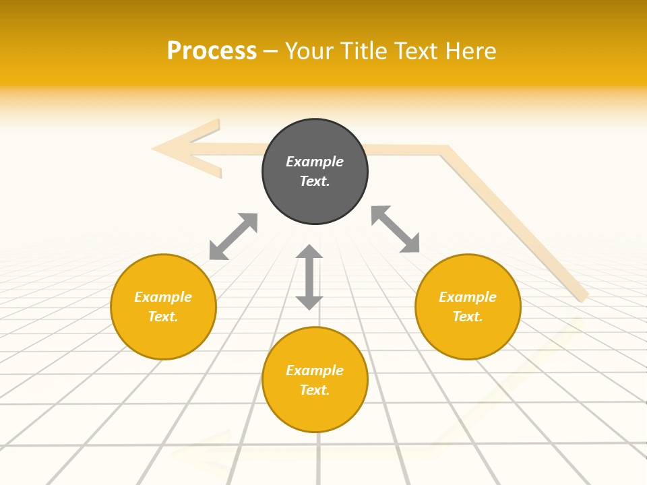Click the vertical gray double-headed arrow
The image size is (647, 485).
309,277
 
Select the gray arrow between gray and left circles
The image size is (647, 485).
233,236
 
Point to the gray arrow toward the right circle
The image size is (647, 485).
395,229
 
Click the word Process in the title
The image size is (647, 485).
212,51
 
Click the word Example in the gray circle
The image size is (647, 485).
315,162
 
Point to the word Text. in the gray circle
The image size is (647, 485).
315,181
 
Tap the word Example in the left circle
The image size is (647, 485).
163,297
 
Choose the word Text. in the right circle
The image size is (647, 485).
468,317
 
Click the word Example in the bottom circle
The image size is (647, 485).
315,370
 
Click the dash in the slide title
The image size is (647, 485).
271,51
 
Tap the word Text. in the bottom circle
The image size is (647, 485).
315,390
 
